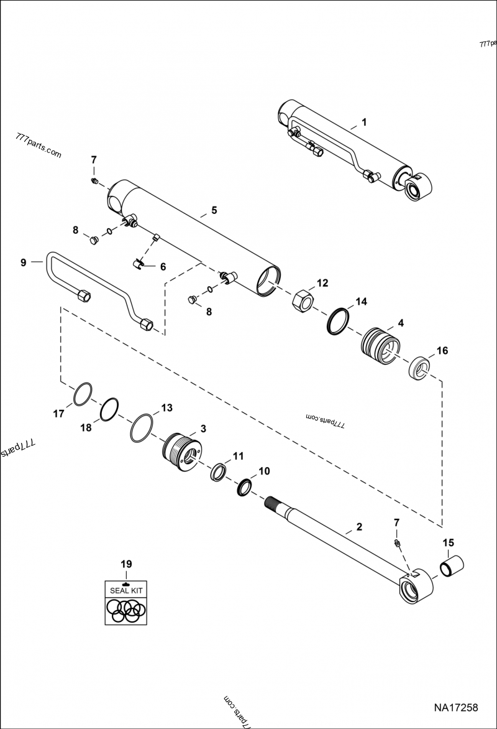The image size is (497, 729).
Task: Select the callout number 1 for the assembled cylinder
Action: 365,122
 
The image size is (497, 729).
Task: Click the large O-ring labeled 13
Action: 142,428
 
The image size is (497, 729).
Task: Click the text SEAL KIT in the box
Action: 125,590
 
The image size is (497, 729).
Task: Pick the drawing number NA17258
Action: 455,707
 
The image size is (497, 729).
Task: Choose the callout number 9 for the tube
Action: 23,262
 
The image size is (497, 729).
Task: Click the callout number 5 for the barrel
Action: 214,210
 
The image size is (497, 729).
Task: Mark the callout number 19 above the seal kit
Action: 126,564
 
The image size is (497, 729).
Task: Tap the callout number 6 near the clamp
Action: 163,266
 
